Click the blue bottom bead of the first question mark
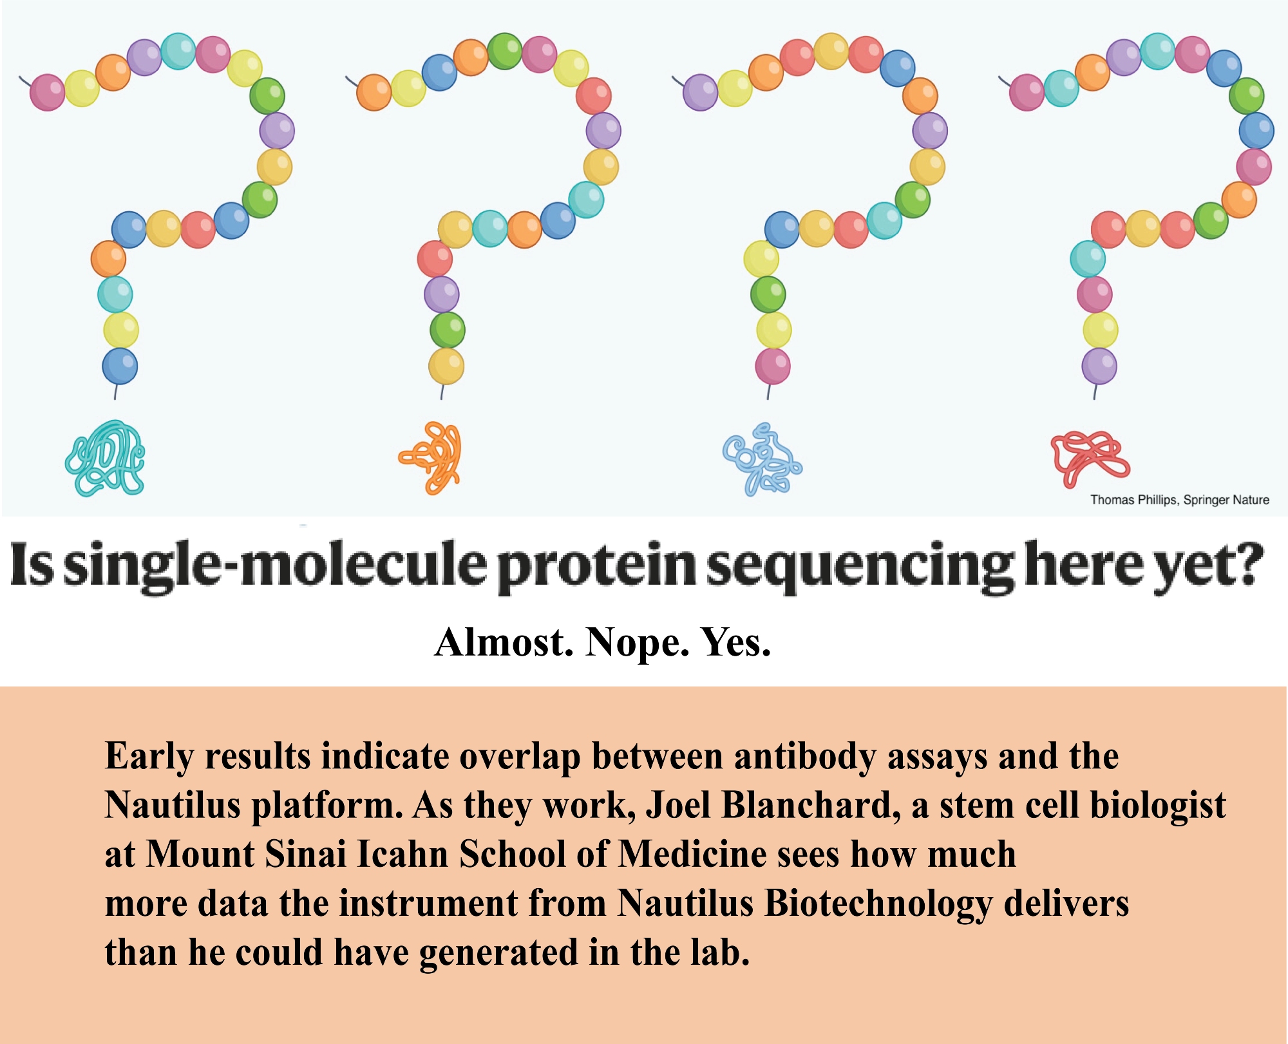(120, 366)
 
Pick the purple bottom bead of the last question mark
(1099, 366)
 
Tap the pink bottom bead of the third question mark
(773, 366)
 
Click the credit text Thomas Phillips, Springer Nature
(1180, 500)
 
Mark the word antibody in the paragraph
(804, 757)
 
